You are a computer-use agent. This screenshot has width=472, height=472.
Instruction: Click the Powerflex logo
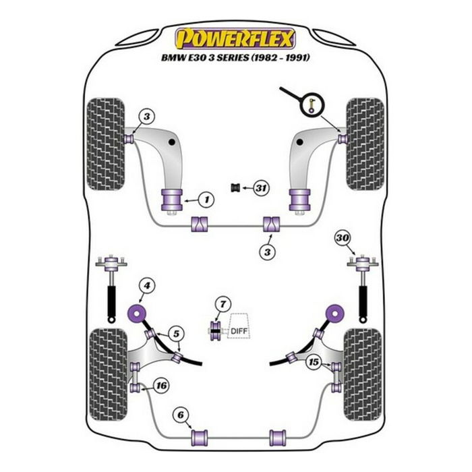pyautogui.click(x=235, y=38)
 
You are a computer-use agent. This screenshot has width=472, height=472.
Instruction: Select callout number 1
pyautogui.click(x=206, y=200)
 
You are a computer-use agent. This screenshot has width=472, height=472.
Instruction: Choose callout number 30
pyautogui.click(x=343, y=237)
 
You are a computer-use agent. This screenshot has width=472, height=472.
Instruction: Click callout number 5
pyautogui.click(x=175, y=333)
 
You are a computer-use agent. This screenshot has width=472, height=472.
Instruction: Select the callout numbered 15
pyautogui.click(x=312, y=362)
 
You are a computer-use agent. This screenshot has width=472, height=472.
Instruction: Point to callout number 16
pyautogui.click(x=160, y=386)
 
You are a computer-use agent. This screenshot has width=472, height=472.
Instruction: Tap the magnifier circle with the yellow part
pyautogui.click(x=312, y=103)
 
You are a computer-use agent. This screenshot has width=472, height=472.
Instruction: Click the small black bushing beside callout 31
pyautogui.click(x=236, y=187)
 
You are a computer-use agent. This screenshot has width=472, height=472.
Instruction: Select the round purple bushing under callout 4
pyautogui.click(x=138, y=314)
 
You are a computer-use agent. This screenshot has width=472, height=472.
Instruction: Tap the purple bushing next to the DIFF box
pyautogui.click(x=216, y=329)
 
